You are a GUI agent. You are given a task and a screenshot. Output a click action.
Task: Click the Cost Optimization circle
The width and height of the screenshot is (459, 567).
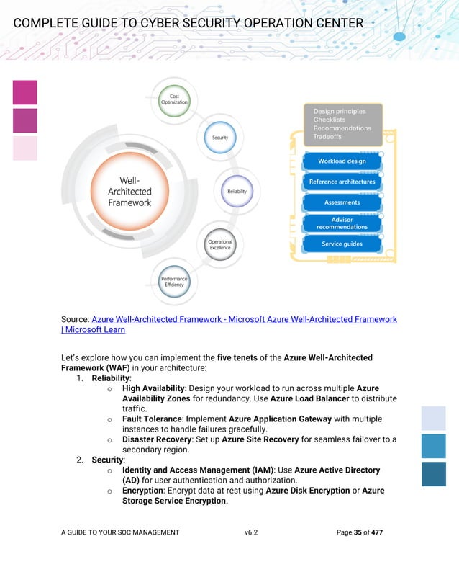point(174,99)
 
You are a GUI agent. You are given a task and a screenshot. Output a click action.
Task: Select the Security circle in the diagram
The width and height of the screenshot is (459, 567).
point(219,137)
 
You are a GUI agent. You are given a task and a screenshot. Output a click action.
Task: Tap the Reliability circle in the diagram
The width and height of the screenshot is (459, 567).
point(237,192)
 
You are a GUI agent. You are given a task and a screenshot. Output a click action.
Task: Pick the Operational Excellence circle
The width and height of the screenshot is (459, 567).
point(219,245)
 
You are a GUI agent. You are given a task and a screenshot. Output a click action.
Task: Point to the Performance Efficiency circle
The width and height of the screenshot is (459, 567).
point(174,281)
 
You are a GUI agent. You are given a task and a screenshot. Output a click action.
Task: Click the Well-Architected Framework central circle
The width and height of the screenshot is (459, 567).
point(129,192)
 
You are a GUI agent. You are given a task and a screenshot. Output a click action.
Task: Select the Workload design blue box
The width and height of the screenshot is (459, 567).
point(342,161)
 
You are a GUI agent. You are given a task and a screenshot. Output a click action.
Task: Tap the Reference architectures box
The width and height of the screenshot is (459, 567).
point(342,182)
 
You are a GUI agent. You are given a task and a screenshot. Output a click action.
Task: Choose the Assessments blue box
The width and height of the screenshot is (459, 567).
point(342,202)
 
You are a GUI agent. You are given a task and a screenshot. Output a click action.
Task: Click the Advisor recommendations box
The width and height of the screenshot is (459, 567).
point(342,223)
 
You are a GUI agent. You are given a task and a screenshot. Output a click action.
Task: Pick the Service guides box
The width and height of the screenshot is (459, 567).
point(342,244)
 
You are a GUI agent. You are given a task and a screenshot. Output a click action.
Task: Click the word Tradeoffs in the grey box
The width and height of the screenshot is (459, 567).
point(327,137)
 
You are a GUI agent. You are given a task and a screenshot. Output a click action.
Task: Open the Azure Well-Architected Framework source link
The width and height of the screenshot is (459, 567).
point(244,319)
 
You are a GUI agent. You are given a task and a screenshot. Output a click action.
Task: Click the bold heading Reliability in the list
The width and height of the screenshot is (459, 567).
point(110,378)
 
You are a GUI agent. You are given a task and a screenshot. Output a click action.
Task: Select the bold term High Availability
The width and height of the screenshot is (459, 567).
point(153,388)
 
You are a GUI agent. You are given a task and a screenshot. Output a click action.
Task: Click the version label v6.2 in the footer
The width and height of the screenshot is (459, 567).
point(251,532)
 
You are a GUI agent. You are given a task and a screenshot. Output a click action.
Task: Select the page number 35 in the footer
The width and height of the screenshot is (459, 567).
point(358,532)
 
